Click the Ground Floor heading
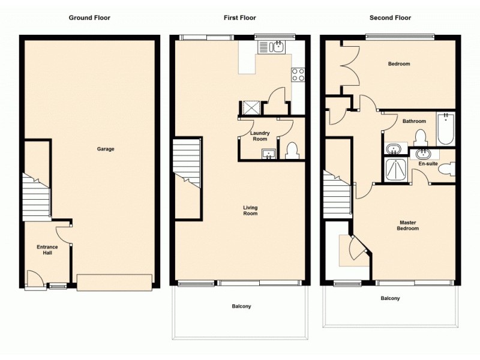pyautogui.click(x=89, y=17)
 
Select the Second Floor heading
pyautogui.click(x=390, y=17)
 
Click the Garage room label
pyautogui.click(x=106, y=149)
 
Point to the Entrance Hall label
pyautogui.click(x=47, y=250)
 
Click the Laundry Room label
pyautogui.click(x=260, y=136)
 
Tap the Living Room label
pyautogui.click(x=250, y=211)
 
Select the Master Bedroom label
pyautogui.click(x=409, y=226)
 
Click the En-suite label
pyautogui.click(x=427, y=163)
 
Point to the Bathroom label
pyautogui.click(x=414, y=121)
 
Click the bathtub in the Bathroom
pyautogui.click(x=445, y=128)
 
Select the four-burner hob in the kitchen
pyautogui.click(x=298, y=75)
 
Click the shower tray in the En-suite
pyautogui.click(x=396, y=169)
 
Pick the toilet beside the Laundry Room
pyautogui.click(x=292, y=151)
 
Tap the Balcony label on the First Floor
pyautogui.click(x=241, y=307)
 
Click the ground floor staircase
pyautogui.click(x=36, y=197)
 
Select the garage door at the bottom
pyautogui.click(x=114, y=281)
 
